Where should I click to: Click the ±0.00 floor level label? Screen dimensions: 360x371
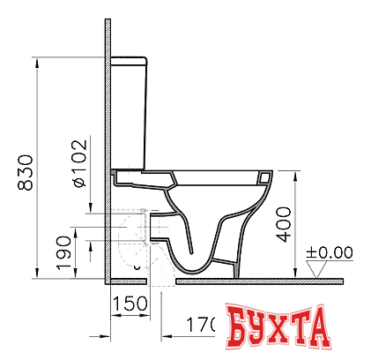329,252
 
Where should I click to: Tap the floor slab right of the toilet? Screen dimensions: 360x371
300,281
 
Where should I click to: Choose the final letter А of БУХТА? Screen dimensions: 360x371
340,327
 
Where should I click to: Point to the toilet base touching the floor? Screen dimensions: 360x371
207,273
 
